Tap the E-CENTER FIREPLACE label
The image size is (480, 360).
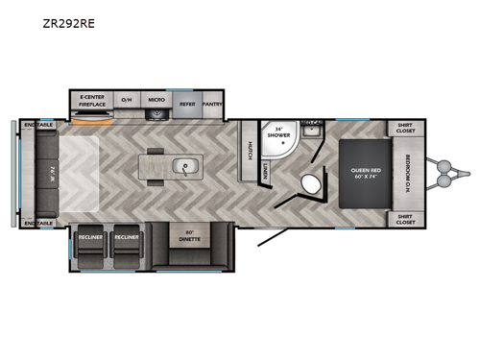point(93,99)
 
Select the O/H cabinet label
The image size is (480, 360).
point(126,99)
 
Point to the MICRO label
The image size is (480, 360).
point(156,99)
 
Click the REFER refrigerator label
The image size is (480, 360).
point(187,99)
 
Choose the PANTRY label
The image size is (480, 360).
point(213,99)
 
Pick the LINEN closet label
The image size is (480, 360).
point(265,170)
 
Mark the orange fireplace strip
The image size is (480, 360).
point(93,121)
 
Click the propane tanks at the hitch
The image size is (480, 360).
point(444,173)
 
